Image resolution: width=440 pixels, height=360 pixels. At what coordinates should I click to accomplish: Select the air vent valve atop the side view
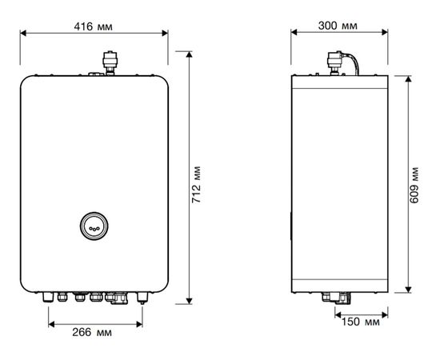pyautogui.click(x=334, y=61)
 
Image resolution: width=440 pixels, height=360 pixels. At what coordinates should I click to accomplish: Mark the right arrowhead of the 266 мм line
pyautogui.click(x=141, y=322)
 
